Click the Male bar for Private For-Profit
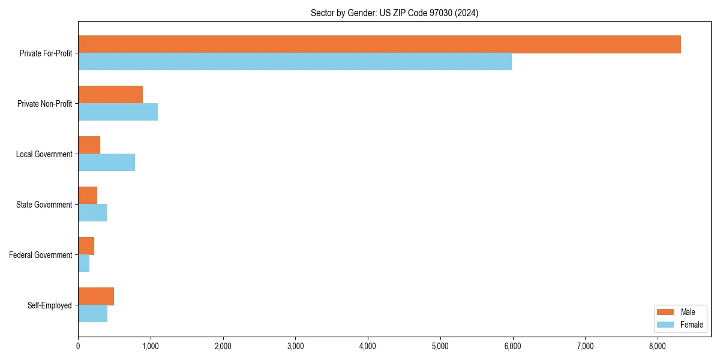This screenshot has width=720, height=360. pos(379,44)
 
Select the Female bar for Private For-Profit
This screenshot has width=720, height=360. pos(295,62)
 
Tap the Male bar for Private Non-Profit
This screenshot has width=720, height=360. pos(110,95)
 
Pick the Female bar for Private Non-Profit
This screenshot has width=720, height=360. pos(118,112)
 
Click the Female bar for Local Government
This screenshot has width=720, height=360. pos(106,163)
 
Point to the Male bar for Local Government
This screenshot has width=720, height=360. pos(89,145)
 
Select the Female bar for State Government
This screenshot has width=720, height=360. pos(92,213)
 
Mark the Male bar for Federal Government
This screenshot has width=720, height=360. pos(86,246)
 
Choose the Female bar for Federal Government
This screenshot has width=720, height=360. pos(83,263)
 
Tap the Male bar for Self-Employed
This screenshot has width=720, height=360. pos(96,296)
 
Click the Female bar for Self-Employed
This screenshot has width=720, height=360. pos(92,314)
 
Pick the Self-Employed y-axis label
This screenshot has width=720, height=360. pos(49,305)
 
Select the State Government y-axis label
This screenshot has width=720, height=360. pos(44,205)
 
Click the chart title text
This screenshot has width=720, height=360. pos(394,13)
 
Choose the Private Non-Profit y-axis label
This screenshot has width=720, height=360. pos(44,104)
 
